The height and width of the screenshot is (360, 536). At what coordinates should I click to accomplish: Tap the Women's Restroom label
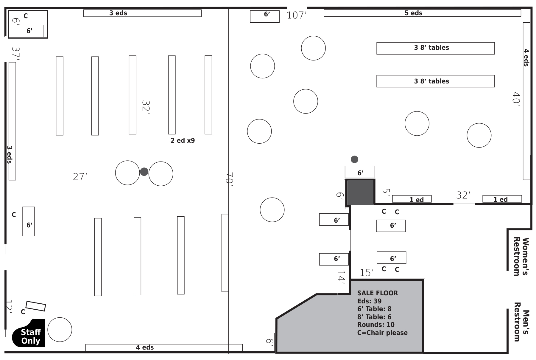pyautogui.click(x=521, y=256)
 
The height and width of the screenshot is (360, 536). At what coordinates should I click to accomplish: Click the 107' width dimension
pyautogui.click(x=296, y=15)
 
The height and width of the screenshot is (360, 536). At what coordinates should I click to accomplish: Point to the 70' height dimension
pyautogui.click(x=229, y=179)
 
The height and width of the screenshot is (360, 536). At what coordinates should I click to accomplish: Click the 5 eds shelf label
pyautogui.click(x=413, y=13)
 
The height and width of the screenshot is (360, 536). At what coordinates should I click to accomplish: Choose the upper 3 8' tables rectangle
pyautogui.click(x=435, y=48)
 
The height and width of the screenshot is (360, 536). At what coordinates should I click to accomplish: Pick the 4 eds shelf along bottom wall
pyautogui.click(x=164, y=347)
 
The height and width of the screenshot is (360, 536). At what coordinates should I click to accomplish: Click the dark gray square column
pyautogui.click(x=360, y=192)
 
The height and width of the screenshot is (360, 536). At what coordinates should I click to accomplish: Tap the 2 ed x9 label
pyautogui.click(x=183, y=140)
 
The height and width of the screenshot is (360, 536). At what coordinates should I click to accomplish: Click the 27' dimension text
pyautogui.click(x=80, y=177)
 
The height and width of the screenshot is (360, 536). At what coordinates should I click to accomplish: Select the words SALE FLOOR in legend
pyautogui.click(x=377, y=293)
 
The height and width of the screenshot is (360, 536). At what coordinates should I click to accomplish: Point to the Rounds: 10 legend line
pyautogui.click(x=376, y=325)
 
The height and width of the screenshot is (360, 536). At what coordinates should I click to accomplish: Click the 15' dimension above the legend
pyautogui.click(x=366, y=273)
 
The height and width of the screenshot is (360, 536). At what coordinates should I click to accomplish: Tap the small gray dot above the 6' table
pyautogui.click(x=354, y=159)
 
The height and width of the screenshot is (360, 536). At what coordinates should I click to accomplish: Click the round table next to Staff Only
pyautogui.click(x=60, y=330)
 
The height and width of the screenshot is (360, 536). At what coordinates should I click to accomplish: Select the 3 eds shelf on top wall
pyautogui.click(x=142, y=13)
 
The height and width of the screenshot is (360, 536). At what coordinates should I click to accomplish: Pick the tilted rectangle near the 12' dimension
pyautogui.click(x=36, y=306)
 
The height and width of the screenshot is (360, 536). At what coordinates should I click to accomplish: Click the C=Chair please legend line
pyautogui.click(x=382, y=333)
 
